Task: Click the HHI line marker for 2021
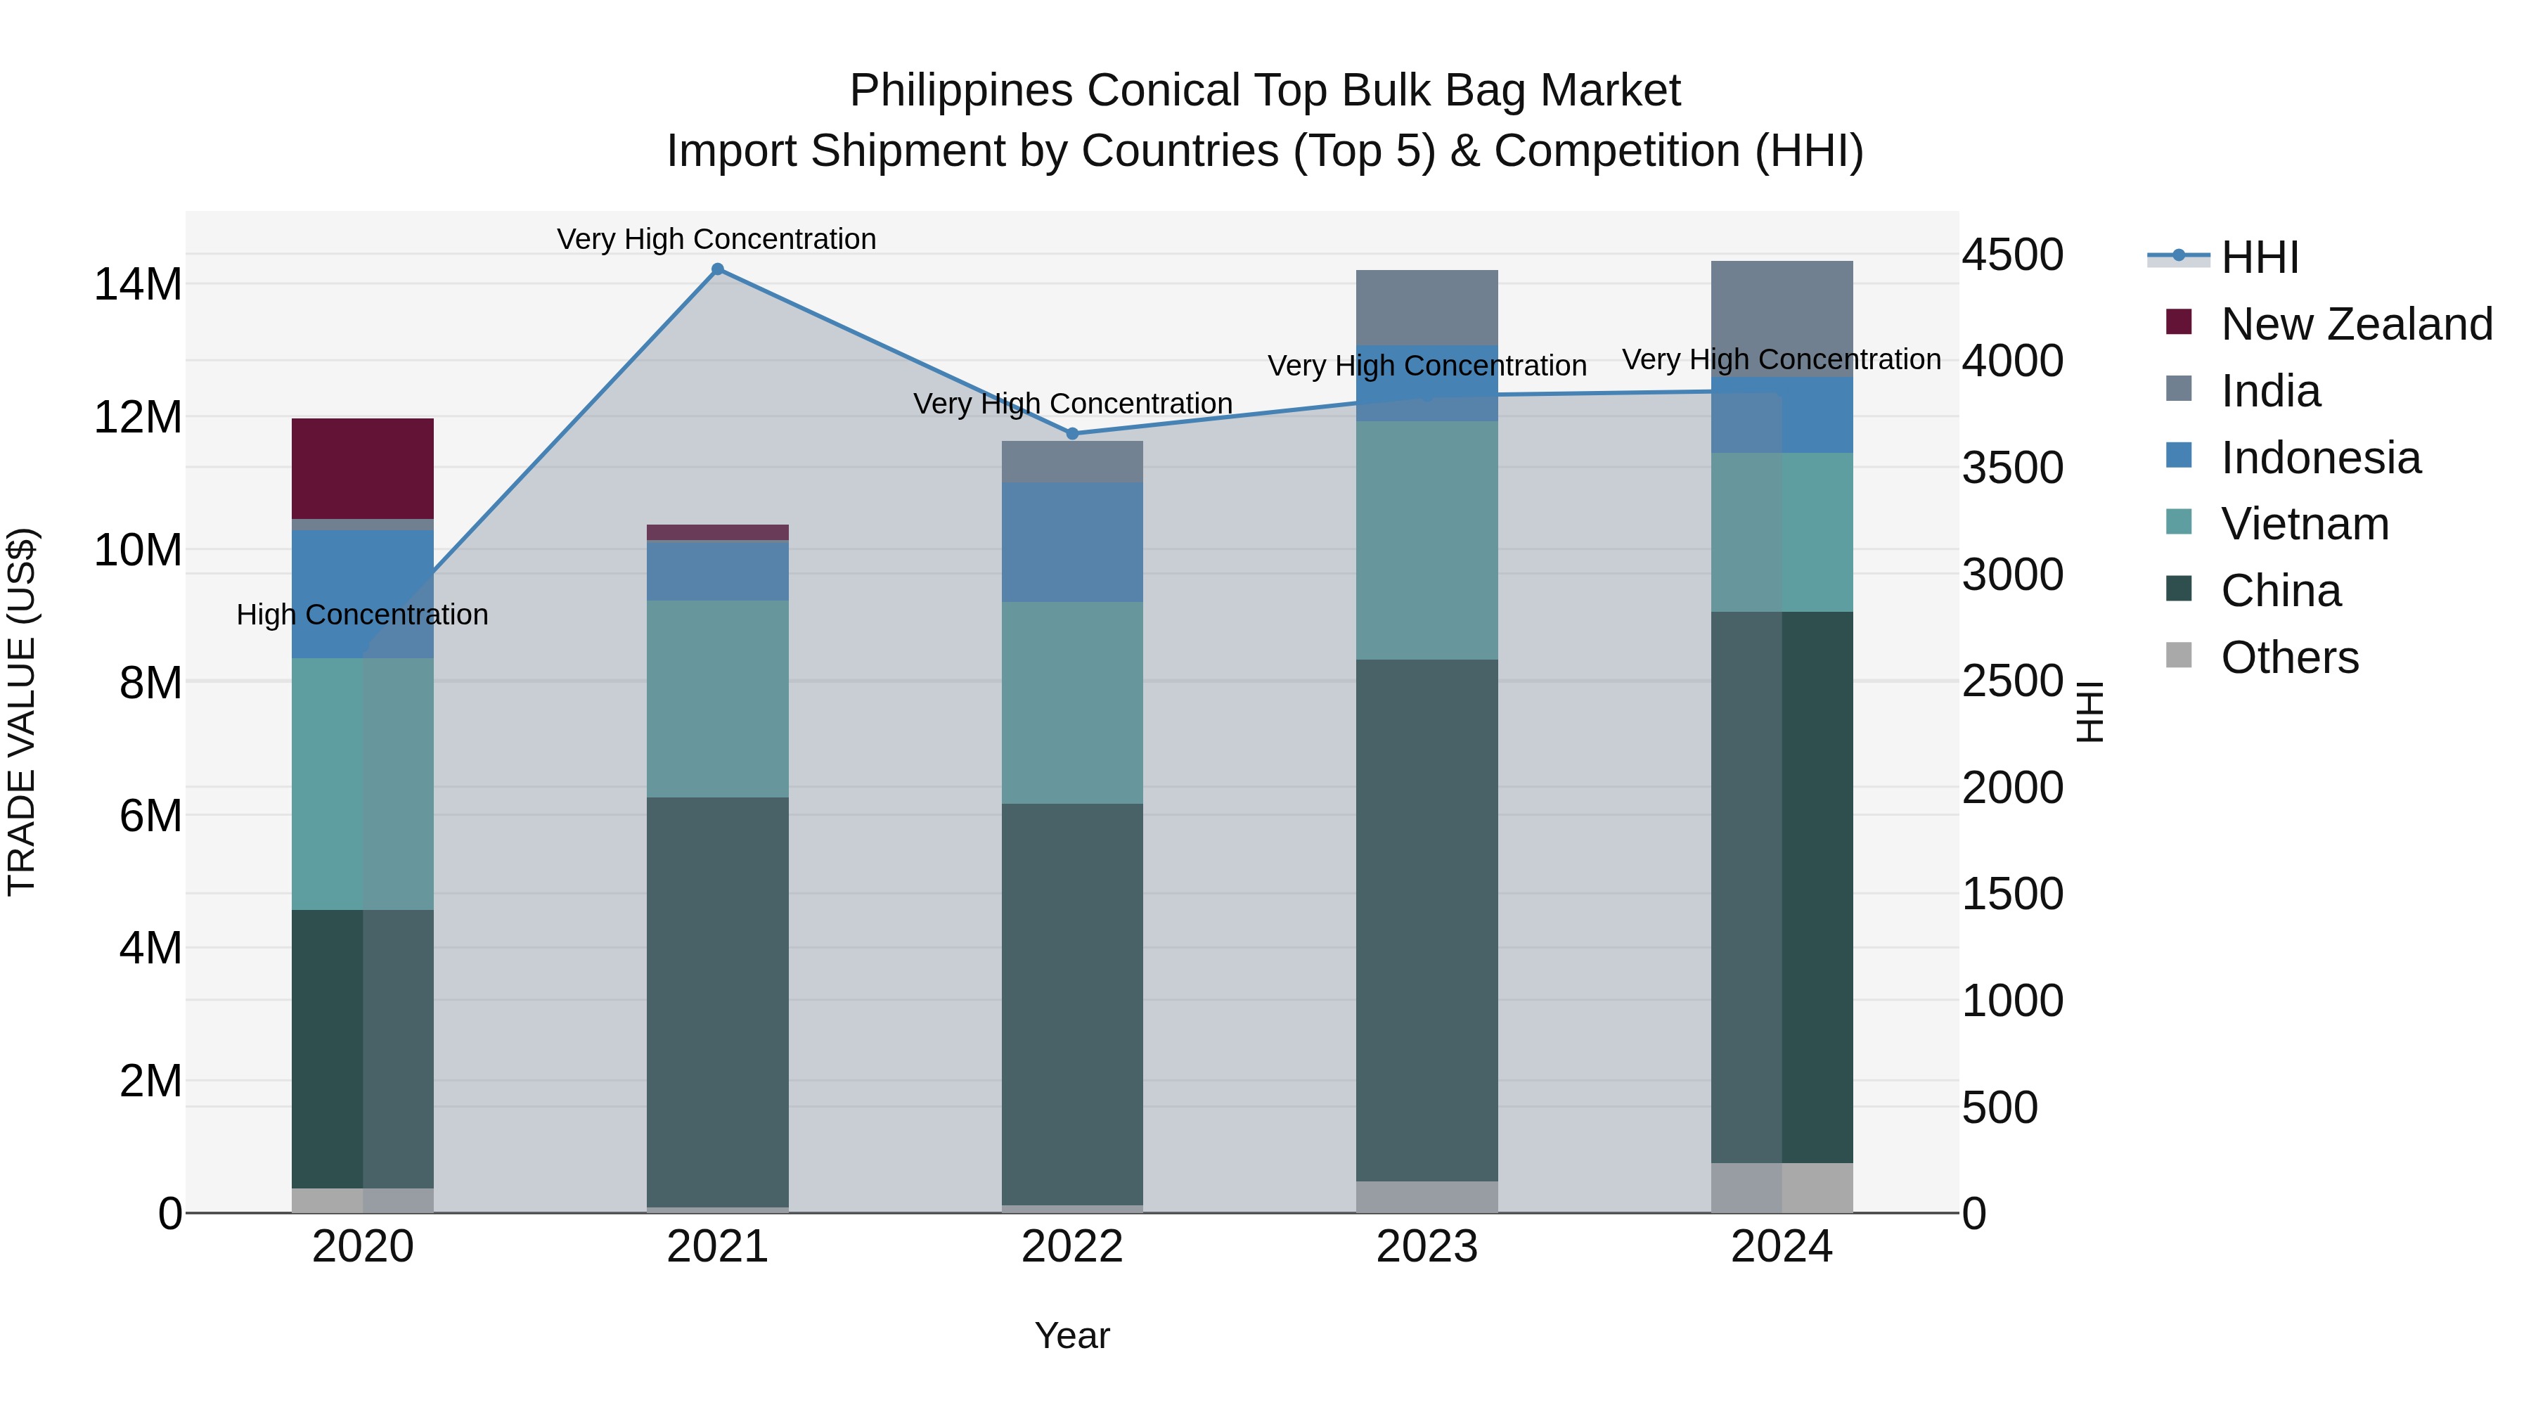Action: (717, 269)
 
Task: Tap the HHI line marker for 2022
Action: (1072, 433)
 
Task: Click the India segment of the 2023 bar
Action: (1426, 307)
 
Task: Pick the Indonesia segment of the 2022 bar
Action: (1072, 541)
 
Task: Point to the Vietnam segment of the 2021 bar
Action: (717, 699)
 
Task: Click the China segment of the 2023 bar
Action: (1426, 920)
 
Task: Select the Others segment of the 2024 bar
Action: (1782, 1188)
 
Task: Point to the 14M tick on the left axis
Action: (138, 284)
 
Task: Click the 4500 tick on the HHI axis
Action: (2012, 255)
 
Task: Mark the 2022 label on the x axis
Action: (1072, 1247)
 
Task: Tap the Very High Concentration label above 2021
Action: (716, 239)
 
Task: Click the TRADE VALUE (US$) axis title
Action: (22, 712)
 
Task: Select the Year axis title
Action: (1072, 1335)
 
